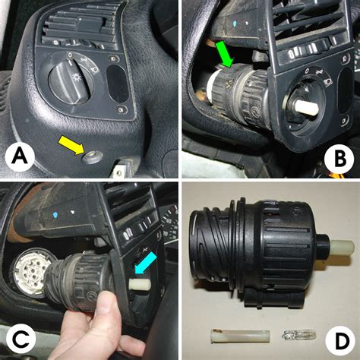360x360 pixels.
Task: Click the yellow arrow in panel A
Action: [x=72, y=145]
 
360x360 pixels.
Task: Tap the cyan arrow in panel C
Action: [x=146, y=263]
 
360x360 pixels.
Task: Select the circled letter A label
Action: [x=20, y=157]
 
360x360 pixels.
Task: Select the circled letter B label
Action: [x=339, y=159]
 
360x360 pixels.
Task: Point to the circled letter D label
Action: [x=340, y=341]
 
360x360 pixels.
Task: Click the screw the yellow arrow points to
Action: [x=92, y=157]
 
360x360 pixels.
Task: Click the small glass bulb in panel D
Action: [x=298, y=336]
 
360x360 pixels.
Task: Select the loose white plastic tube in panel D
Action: [x=240, y=336]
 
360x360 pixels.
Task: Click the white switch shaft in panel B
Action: [x=306, y=108]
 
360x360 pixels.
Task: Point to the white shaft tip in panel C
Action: [x=140, y=285]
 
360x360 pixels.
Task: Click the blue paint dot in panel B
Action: [x=235, y=24]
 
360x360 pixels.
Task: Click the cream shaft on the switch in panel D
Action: [x=341, y=248]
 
